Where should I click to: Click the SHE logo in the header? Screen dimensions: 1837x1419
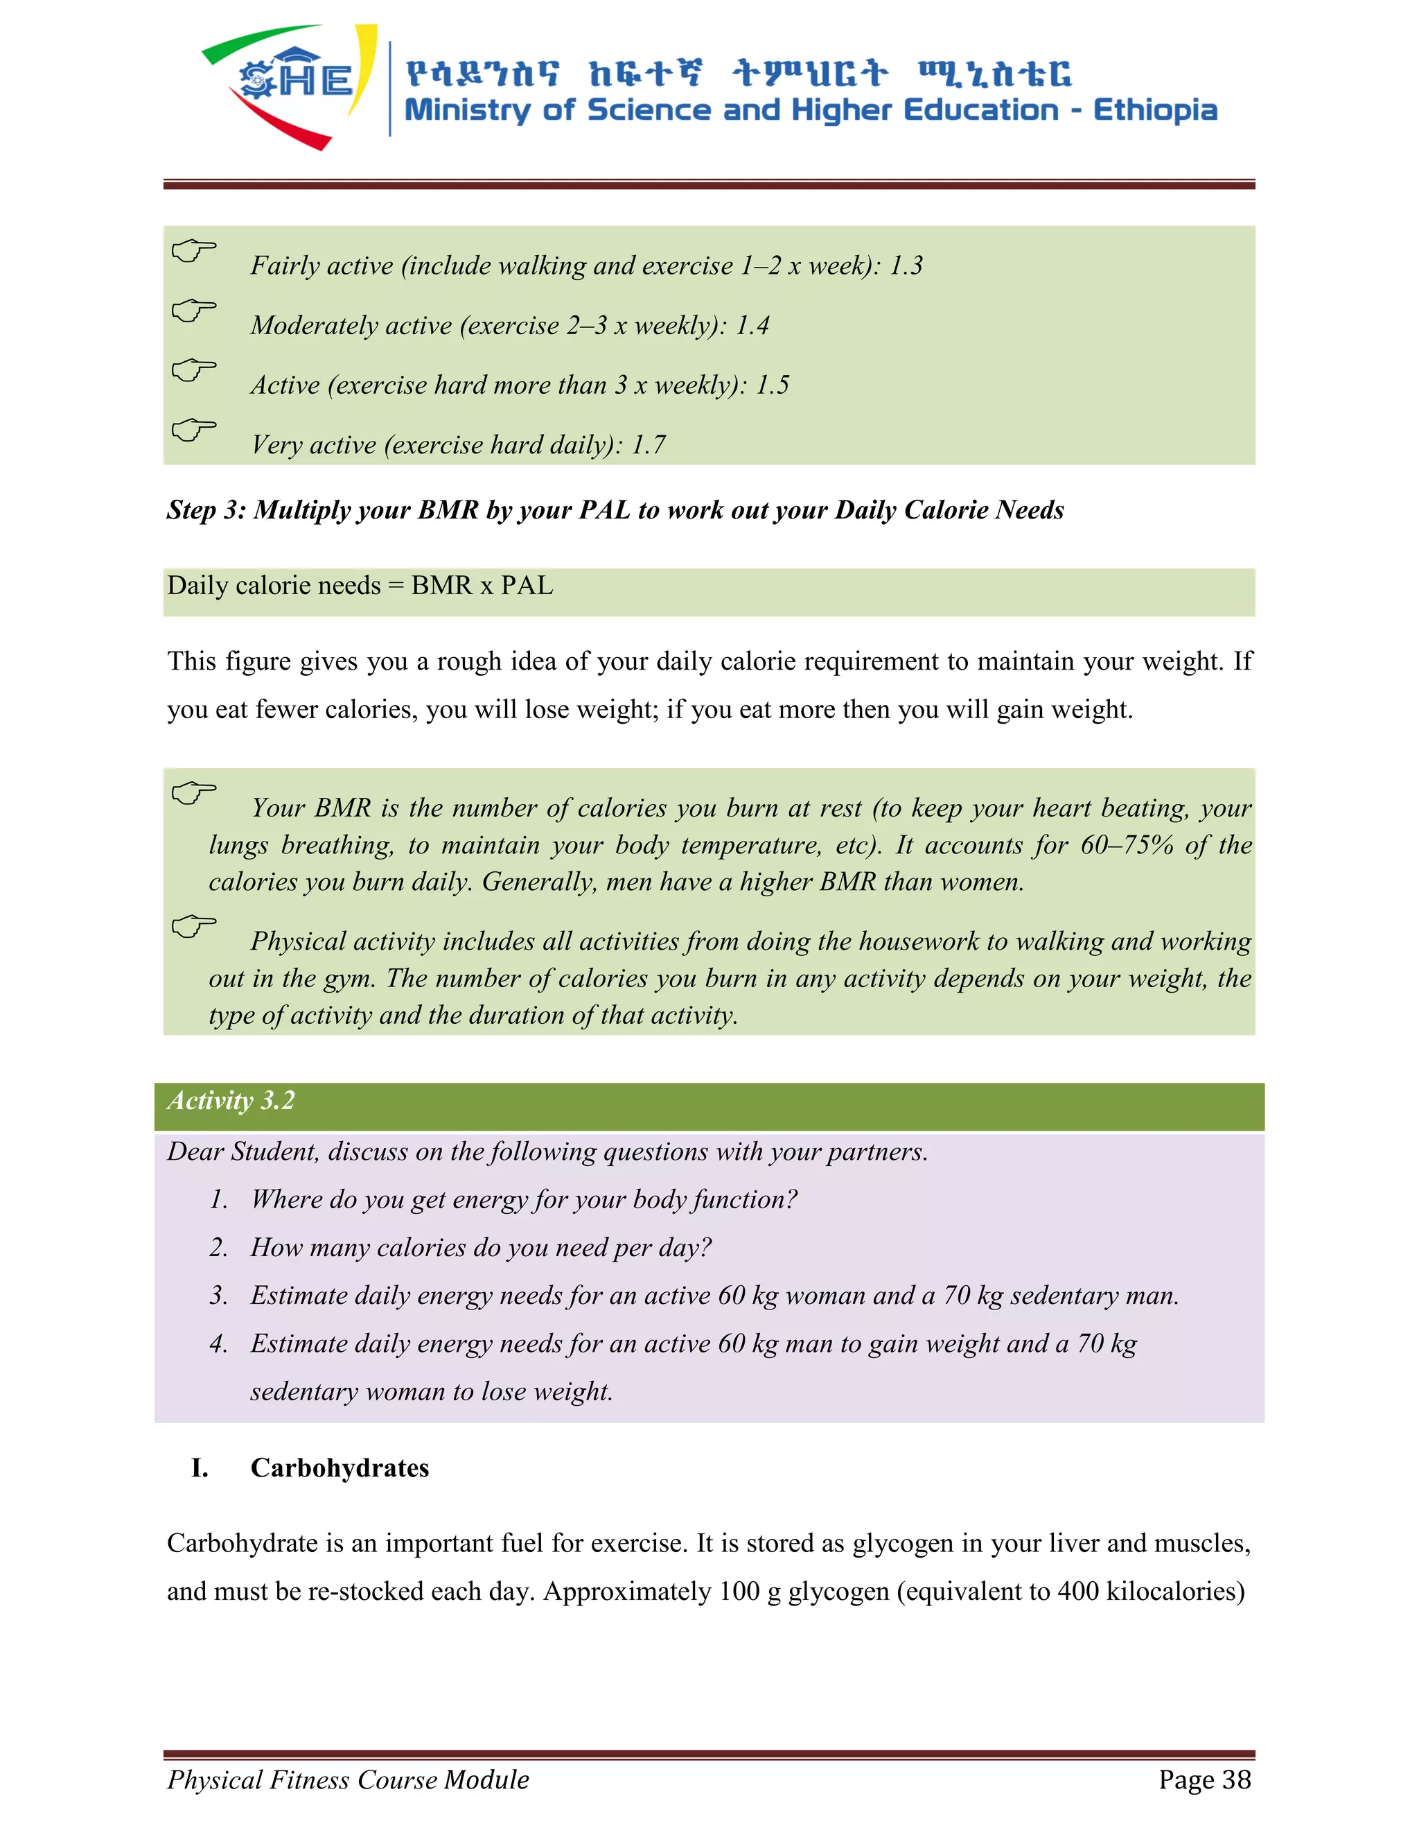pyautogui.click(x=290, y=84)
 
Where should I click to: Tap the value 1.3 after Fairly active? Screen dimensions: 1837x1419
pyautogui.click(x=906, y=265)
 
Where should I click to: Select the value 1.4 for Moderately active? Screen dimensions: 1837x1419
pyautogui.click(x=752, y=326)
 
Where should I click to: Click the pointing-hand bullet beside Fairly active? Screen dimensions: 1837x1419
pyautogui.click(x=193, y=251)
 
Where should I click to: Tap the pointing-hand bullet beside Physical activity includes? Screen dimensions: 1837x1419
pyautogui.click(x=193, y=926)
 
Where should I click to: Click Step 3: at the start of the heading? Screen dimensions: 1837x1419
pyautogui.click(x=206, y=510)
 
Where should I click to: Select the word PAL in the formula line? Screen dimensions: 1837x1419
pyautogui.click(x=527, y=586)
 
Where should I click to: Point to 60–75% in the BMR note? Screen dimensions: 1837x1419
pyautogui.click(x=1127, y=844)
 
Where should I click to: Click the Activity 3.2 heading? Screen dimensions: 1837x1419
pyautogui.click(x=231, y=1101)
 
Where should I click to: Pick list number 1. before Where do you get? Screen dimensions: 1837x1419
pyautogui.click(x=218, y=1199)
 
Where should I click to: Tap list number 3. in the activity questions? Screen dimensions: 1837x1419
pyautogui.click(x=218, y=1296)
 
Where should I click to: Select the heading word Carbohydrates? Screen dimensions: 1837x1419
pyautogui.click(x=340, y=1468)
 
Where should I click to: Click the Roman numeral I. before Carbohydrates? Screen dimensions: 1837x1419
pyautogui.click(x=200, y=1468)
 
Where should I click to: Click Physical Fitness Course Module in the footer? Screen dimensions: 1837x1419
pyautogui.click(x=348, y=1779)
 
